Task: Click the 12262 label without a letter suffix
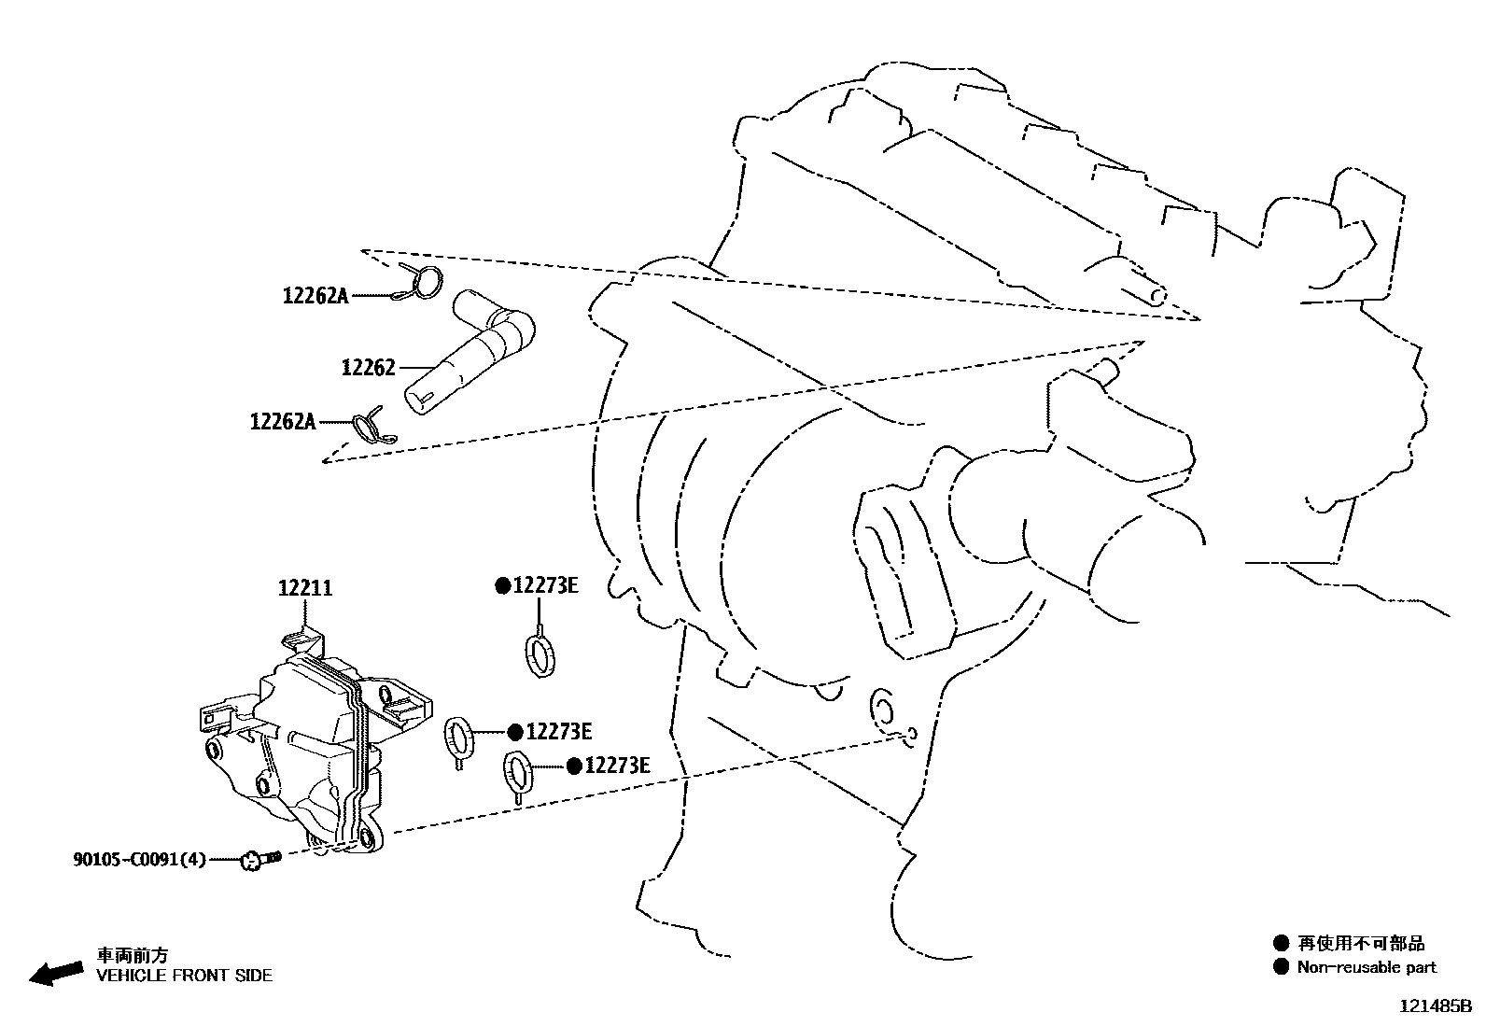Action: pos(369,368)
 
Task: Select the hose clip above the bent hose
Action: pos(422,281)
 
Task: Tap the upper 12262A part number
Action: pos(315,296)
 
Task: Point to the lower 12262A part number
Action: pos(283,422)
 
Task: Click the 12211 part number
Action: pos(305,588)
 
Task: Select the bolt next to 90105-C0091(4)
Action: pos(259,858)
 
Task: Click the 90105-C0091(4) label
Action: pos(140,859)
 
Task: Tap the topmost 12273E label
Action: pos(546,585)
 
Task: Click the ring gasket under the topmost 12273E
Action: pos(539,653)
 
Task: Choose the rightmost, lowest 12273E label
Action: pos(617,766)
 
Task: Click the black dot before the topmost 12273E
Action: pos(502,585)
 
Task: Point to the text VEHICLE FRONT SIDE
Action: pos(185,976)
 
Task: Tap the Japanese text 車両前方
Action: pos(133,955)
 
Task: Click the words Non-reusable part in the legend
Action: pos(1367,967)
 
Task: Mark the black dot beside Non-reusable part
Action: pos(1281,966)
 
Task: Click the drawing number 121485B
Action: pos(1434,1007)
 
